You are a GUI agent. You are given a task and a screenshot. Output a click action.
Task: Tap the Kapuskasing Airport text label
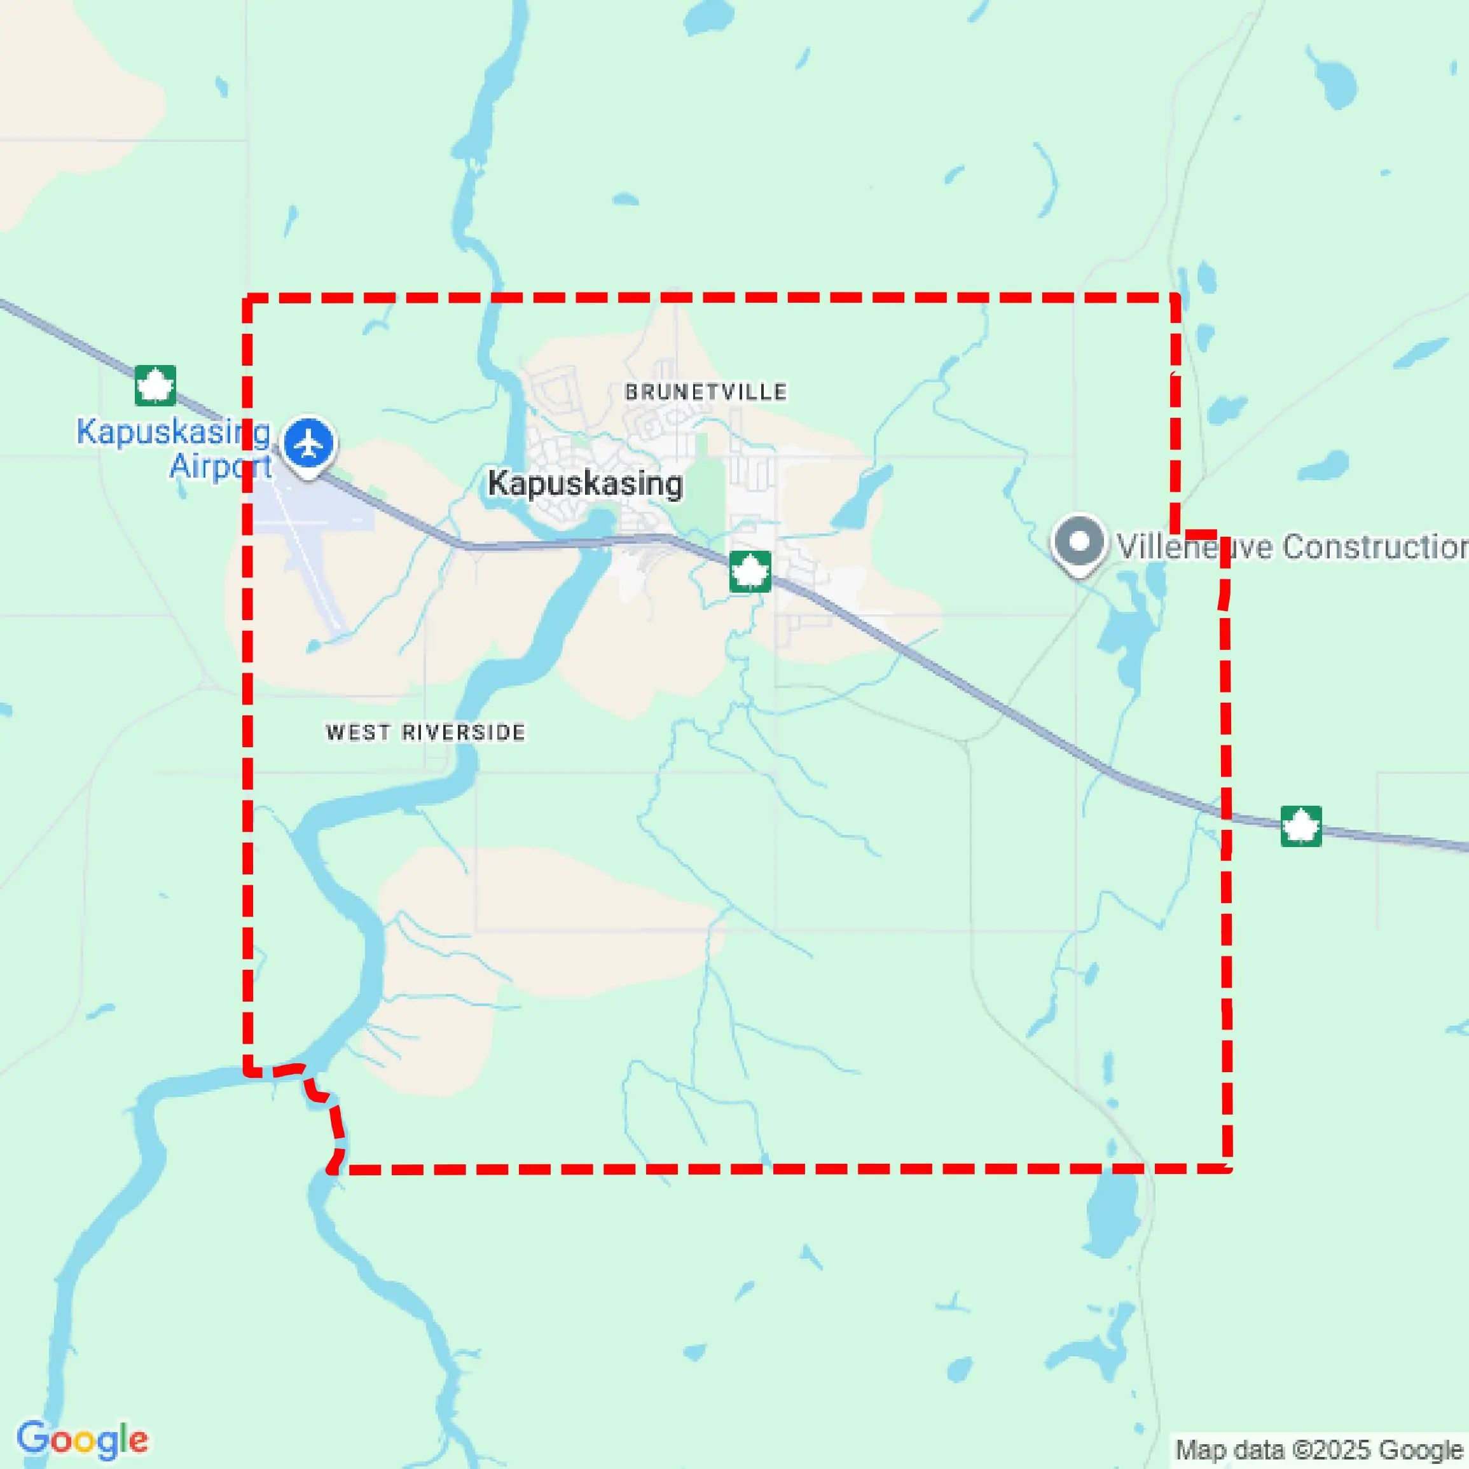point(174,448)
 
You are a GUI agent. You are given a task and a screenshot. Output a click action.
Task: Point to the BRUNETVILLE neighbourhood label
point(706,392)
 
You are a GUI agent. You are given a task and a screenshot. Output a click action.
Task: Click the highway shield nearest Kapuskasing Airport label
point(155,385)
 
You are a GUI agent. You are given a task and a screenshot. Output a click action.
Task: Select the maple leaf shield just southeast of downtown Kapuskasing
point(750,571)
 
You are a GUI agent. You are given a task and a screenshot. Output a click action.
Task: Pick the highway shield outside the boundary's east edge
point(1301,825)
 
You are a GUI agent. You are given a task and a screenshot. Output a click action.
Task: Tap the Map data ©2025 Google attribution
point(1319,1449)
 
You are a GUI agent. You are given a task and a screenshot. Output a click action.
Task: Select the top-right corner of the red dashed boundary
point(1175,298)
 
